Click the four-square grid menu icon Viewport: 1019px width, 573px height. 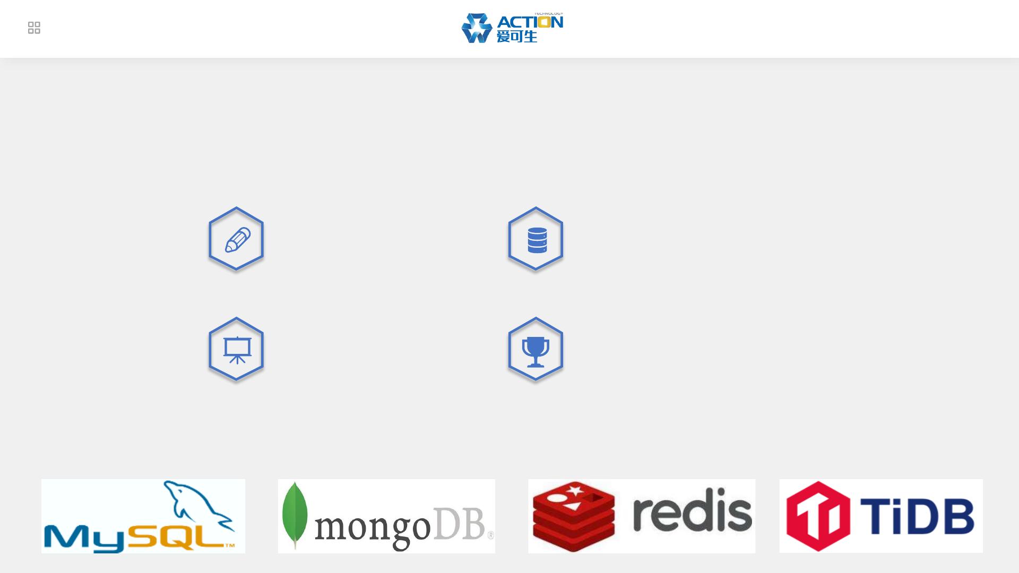34,28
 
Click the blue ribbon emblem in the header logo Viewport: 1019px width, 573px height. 477,28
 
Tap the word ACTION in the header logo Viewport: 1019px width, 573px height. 530,22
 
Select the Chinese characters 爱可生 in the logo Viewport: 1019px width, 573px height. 516,36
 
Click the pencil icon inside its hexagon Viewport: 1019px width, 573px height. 237,240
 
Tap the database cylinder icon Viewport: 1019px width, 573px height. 537,240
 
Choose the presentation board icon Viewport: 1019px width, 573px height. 237,350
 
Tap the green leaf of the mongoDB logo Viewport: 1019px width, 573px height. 295,515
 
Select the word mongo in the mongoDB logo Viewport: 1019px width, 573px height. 372,527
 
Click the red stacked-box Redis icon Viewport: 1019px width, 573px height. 574,516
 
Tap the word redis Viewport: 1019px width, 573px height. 692,512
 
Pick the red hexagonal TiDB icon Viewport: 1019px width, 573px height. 818,516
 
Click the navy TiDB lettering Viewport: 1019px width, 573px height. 917,516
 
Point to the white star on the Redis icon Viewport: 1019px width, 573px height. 574,490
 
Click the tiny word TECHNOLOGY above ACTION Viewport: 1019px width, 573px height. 548,14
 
